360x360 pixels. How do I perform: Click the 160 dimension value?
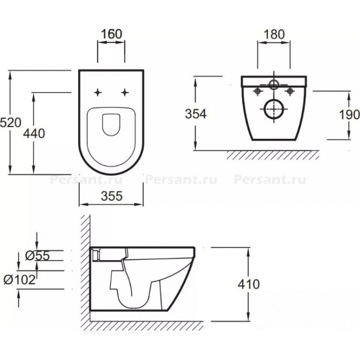(112, 34)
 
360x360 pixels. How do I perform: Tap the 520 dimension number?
(10, 122)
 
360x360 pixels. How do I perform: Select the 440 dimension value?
(34, 133)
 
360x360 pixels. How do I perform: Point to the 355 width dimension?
(112, 196)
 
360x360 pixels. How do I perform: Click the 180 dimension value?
(274, 34)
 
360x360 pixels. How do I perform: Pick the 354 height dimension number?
(196, 114)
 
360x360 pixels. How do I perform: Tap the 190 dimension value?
(349, 115)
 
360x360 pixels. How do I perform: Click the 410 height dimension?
(248, 284)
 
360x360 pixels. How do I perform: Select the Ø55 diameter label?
(37, 255)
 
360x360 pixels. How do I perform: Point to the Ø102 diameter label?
(20, 280)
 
